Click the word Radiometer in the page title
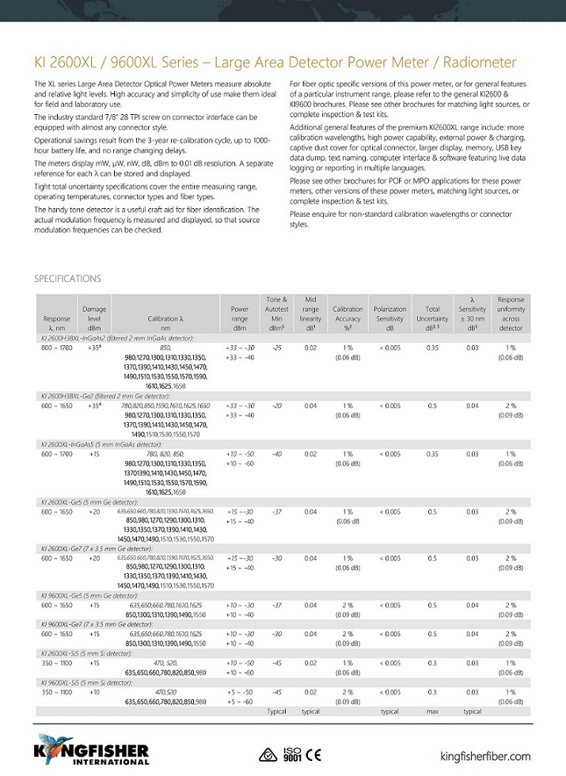pos(479,63)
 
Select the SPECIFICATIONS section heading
pos(67,279)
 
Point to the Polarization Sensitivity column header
pos(389,314)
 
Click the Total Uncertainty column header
pos(432,314)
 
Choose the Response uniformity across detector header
pos(511,314)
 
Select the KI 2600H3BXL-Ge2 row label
pos(104,395)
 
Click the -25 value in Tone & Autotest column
pos(277,348)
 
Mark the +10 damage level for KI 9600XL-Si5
pos(94,692)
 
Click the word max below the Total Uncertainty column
pos(432,711)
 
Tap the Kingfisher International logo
pos(80,748)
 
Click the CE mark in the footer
pos(313,753)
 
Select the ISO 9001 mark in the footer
pos(292,753)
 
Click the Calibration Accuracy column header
pos(348,314)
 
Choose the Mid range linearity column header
pos(310,314)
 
